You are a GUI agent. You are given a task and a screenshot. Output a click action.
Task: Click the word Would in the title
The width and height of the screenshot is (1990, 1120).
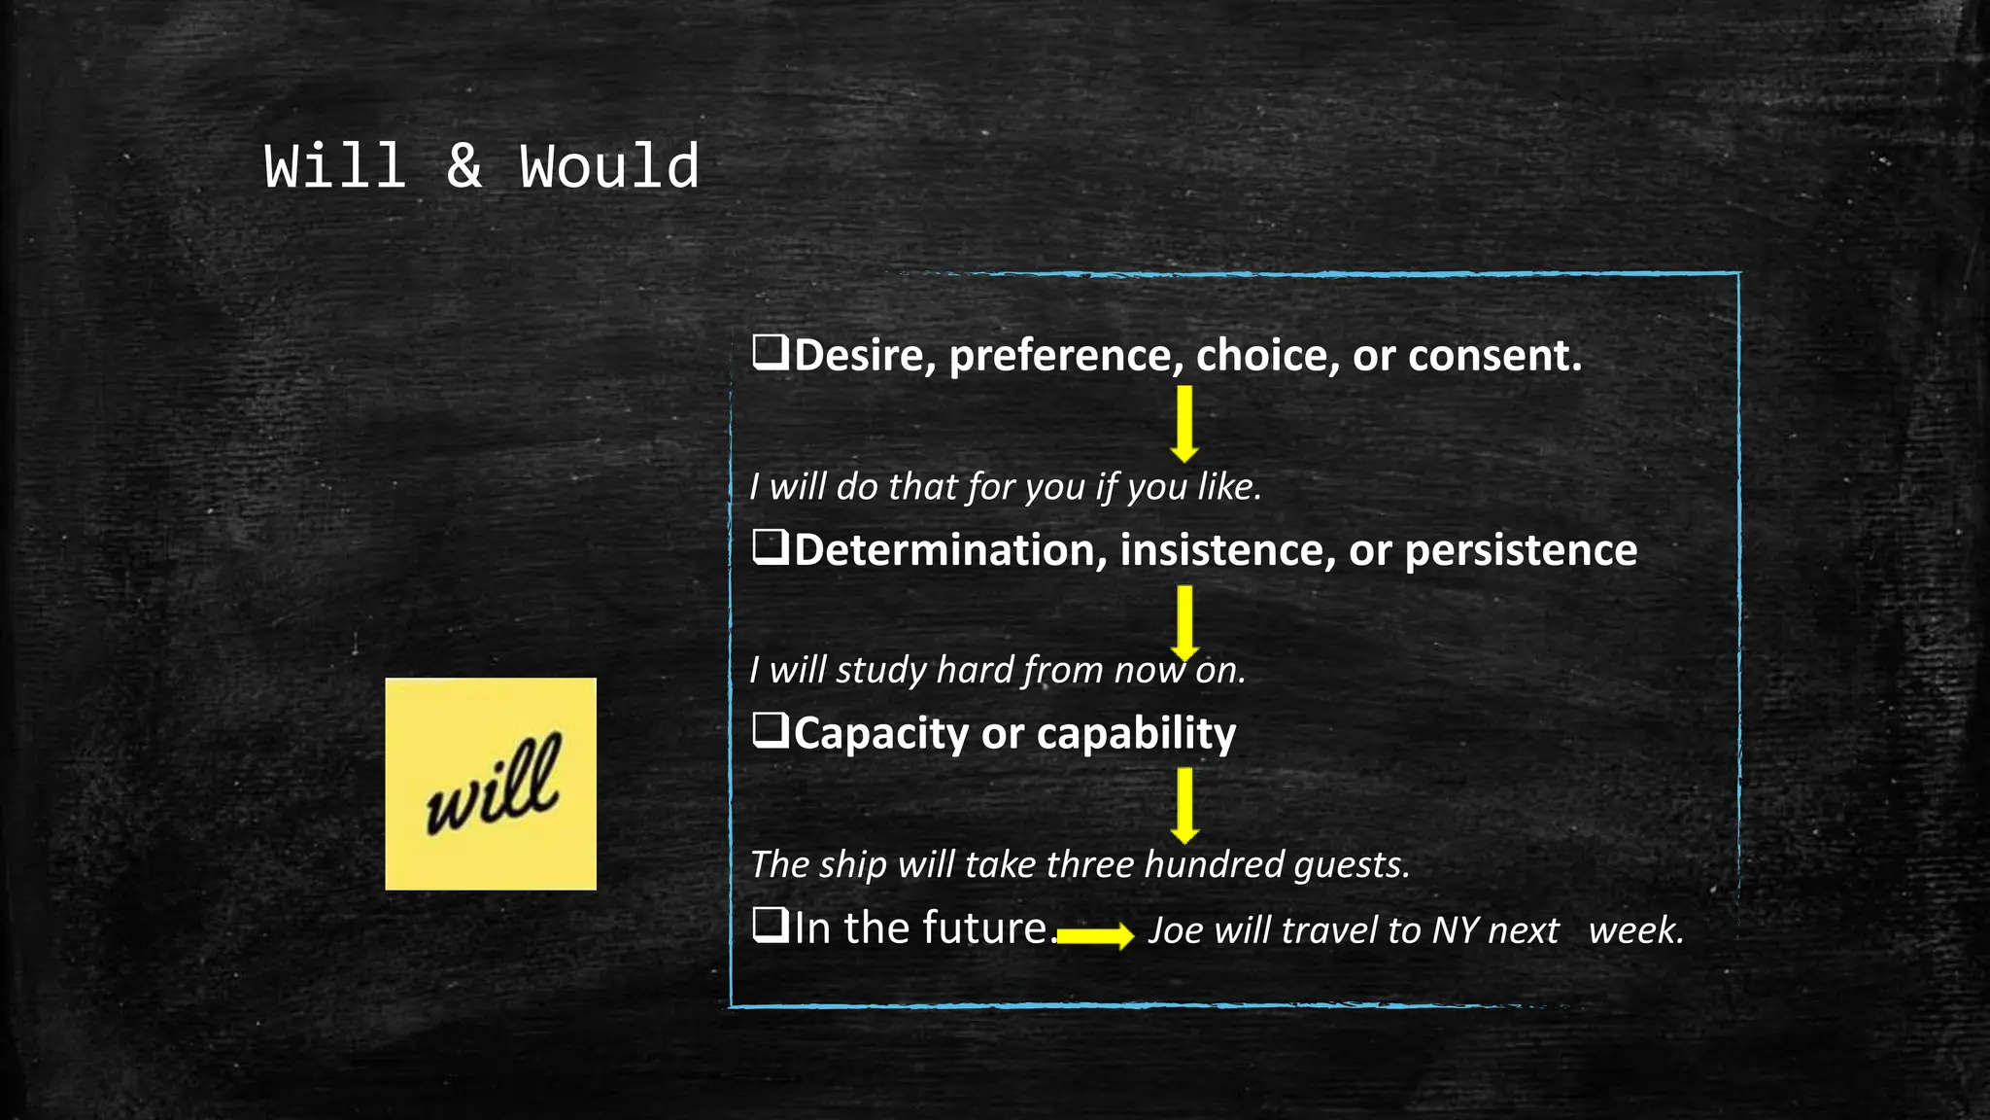coord(608,166)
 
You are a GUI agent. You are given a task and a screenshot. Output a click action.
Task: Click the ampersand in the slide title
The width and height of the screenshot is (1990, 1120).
coord(463,166)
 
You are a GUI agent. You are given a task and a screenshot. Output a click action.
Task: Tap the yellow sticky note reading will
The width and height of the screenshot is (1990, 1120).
coord(491,784)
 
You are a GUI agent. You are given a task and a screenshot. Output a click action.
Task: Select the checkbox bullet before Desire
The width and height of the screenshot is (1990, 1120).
coord(770,352)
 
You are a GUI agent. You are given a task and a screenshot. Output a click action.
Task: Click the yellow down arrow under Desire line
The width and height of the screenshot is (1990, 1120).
coord(1184,424)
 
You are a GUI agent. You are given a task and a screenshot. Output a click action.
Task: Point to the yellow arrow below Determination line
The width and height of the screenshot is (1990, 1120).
coord(1184,622)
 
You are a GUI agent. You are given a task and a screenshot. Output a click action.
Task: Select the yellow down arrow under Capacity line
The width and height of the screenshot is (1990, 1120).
coord(1184,805)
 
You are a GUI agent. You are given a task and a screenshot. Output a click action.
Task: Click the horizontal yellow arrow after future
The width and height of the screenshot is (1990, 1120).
coord(1095,935)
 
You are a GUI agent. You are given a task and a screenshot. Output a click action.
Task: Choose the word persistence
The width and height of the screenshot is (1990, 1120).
coord(1521,551)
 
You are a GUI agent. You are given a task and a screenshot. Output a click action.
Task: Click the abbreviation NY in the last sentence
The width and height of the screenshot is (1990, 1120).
coord(1455,930)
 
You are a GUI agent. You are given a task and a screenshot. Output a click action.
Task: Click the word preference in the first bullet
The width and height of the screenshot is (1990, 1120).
coord(1066,356)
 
